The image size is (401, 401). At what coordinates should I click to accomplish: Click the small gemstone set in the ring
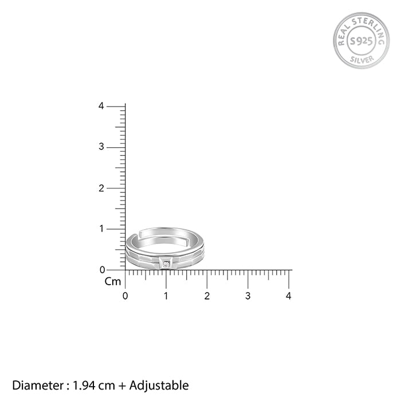(x=166, y=264)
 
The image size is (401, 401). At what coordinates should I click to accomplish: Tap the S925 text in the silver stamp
(x=361, y=41)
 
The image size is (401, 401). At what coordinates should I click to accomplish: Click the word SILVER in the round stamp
(x=361, y=60)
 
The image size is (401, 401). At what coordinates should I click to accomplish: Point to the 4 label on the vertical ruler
(x=101, y=106)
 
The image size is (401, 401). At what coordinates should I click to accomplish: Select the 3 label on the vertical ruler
(x=101, y=147)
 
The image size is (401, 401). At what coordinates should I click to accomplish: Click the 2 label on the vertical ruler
(x=101, y=188)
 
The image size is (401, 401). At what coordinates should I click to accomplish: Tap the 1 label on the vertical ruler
(x=102, y=229)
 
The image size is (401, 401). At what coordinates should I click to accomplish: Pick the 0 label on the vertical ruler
(x=103, y=270)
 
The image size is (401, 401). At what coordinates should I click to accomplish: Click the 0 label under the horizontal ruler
(x=125, y=296)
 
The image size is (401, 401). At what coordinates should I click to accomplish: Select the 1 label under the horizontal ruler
(x=166, y=296)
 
